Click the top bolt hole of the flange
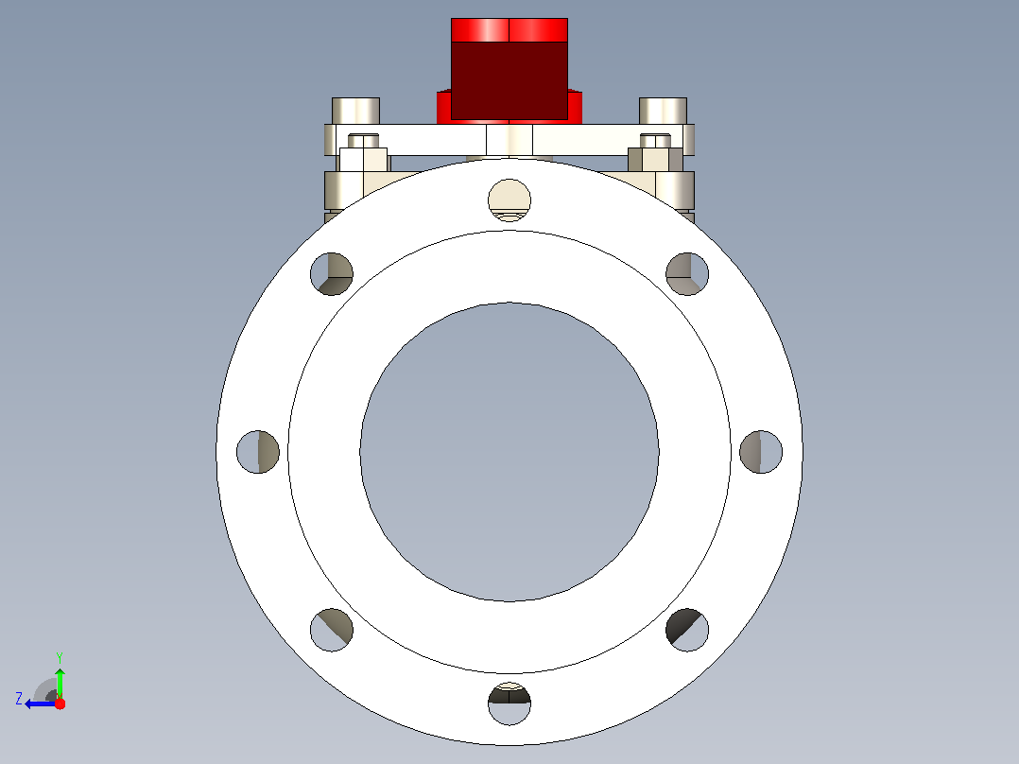tap(509, 200)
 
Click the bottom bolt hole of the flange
tap(509, 703)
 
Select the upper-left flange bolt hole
tap(332, 274)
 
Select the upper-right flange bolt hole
tap(687, 274)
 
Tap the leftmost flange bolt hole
tap(258, 452)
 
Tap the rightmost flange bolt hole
tap(761, 452)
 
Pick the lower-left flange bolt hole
tap(332, 630)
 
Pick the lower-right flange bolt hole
tap(687, 630)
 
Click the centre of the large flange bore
tap(509, 452)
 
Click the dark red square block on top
tap(509, 80)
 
